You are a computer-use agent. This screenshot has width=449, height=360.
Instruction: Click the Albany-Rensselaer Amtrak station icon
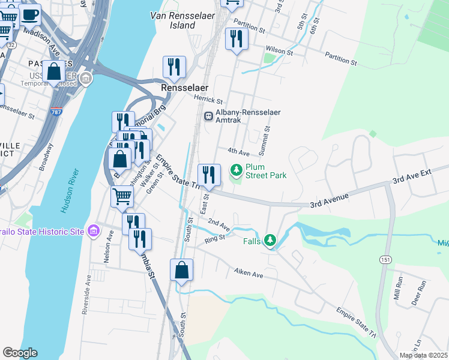pos(208,116)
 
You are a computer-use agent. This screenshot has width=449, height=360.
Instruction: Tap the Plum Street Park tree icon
pos(237,171)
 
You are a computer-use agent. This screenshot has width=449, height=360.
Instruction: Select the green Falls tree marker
pos(270,241)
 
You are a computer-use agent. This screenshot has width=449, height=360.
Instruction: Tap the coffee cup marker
pos(31,14)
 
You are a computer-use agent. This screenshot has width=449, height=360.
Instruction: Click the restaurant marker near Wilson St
pos(236,40)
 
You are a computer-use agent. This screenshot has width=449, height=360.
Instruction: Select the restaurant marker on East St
pos(209,175)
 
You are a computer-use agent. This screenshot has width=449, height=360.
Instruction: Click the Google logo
pos(20,353)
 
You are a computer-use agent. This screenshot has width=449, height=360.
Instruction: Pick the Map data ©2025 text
pos(423,355)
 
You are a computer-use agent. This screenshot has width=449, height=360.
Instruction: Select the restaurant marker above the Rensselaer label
pos(174,67)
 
